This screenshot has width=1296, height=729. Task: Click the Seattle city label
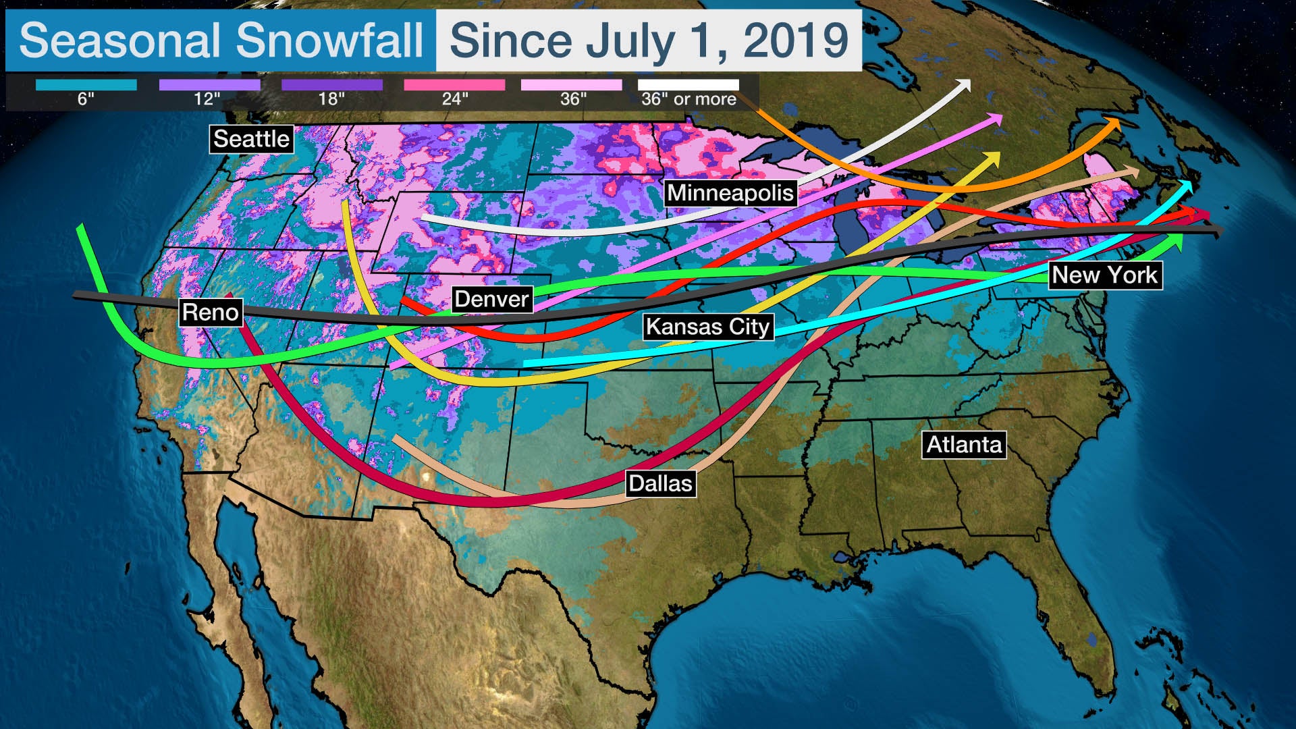click(251, 139)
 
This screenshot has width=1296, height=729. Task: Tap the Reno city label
click(211, 313)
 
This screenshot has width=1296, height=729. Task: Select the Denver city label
click(491, 299)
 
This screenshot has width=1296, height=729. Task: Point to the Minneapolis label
click(730, 193)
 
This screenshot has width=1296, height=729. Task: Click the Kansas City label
click(707, 327)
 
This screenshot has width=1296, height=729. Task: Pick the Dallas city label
click(660, 483)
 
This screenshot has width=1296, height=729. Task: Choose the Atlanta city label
click(964, 445)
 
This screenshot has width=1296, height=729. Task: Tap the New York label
click(1104, 275)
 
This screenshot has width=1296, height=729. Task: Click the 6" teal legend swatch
click(86, 85)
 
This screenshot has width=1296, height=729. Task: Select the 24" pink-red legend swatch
click(454, 85)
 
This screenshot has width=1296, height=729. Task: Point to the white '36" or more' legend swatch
click(688, 85)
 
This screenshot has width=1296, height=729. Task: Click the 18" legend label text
click(331, 99)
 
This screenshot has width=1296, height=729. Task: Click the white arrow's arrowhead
click(965, 85)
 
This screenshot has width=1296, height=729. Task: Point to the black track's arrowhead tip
click(1220, 232)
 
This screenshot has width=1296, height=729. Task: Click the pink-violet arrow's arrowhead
click(996, 119)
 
